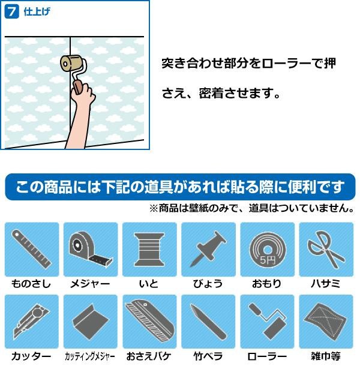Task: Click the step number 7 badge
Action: (11, 11)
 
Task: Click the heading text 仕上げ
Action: (37, 11)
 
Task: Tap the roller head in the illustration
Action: (71, 64)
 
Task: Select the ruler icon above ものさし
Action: (32, 249)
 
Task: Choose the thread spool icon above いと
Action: (149, 249)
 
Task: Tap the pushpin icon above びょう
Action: (208, 249)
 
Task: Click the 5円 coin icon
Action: (267, 249)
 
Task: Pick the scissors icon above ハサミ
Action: (326, 249)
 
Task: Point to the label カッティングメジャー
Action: (90, 356)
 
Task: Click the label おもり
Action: (267, 284)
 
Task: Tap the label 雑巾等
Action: (326, 356)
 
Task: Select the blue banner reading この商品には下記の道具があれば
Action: (180, 187)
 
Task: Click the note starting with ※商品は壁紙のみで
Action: (252, 208)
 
